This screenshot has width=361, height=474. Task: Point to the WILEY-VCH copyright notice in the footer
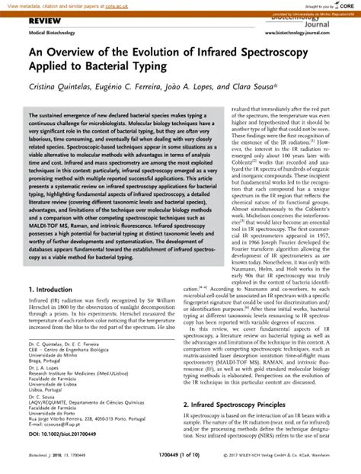[289, 465]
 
